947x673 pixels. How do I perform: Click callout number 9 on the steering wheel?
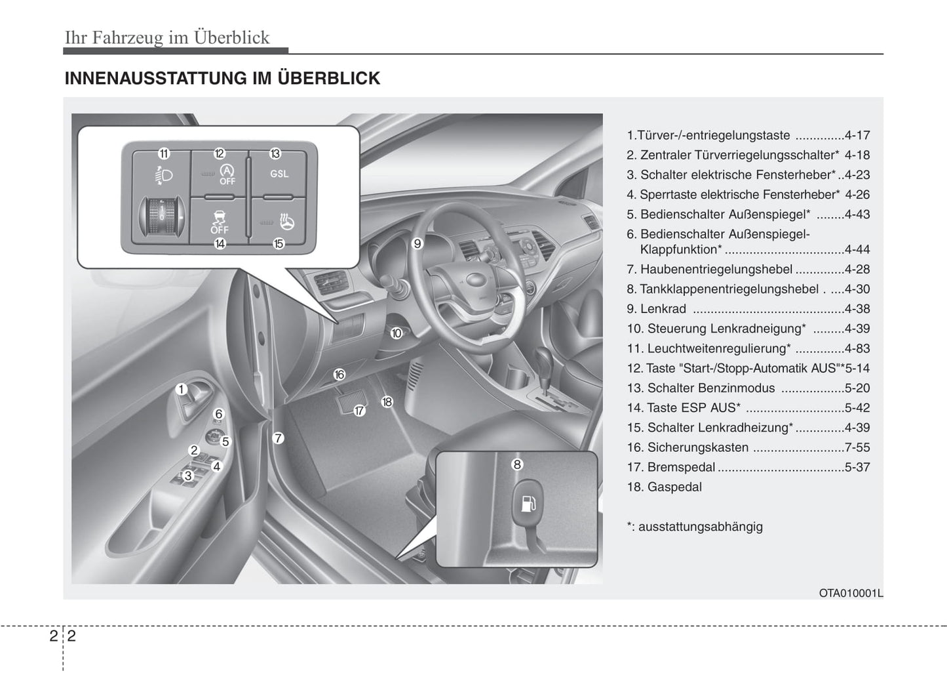coord(417,244)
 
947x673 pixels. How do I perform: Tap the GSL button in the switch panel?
coord(279,174)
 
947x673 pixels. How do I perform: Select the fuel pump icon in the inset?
coord(526,504)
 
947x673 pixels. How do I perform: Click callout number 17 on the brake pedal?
coord(359,411)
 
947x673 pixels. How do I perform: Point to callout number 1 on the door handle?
coord(182,390)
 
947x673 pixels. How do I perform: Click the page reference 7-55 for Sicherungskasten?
coord(857,447)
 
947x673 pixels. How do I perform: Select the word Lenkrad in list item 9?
coord(663,309)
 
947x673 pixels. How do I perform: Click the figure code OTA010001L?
coord(851,593)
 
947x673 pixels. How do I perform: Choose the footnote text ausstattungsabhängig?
coord(700,527)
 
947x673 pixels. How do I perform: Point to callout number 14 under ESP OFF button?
coord(220,244)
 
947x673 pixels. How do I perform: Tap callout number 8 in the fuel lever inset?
coord(517,464)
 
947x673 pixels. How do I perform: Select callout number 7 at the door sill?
coord(279,438)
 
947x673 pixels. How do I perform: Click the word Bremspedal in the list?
coord(681,467)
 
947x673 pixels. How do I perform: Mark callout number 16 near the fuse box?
coord(339,375)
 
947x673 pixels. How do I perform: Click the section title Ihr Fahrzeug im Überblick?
coord(167,37)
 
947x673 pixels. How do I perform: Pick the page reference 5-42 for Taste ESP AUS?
coord(857,408)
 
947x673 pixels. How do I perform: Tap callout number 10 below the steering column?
coord(396,333)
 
